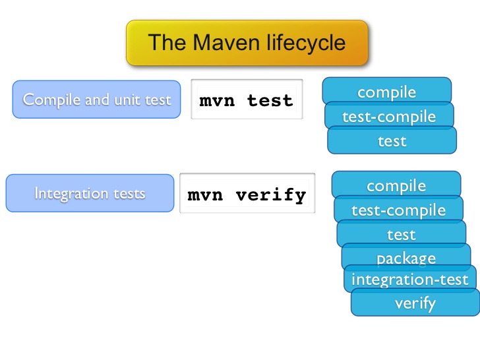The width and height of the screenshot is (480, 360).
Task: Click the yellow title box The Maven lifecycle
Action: point(247,43)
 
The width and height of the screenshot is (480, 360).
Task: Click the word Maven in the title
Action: point(227,42)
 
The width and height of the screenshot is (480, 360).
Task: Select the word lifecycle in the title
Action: point(306,43)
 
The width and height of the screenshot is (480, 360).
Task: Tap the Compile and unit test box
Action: point(96,99)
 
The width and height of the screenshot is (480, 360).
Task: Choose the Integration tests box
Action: point(90,193)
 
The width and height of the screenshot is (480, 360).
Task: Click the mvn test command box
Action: point(247,99)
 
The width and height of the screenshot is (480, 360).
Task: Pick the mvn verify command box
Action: point(247,193)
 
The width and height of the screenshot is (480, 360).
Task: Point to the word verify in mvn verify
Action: point(271,195)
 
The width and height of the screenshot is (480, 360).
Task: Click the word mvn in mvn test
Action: point(217,101)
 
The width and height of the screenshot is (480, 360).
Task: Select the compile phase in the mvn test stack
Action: point(386,90)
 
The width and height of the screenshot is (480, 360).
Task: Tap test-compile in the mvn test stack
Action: point(389,116)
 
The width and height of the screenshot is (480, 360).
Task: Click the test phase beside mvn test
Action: point(392,140)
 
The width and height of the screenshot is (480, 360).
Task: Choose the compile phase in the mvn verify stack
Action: point(396,185)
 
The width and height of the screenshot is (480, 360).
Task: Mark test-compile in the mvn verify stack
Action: point(398,210)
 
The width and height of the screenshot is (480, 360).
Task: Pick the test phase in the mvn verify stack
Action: point(402,234)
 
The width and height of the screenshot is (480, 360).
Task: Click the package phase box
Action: point(406,257)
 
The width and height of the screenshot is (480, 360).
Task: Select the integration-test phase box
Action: point(410,279)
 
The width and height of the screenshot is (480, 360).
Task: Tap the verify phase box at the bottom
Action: point(415,303)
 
